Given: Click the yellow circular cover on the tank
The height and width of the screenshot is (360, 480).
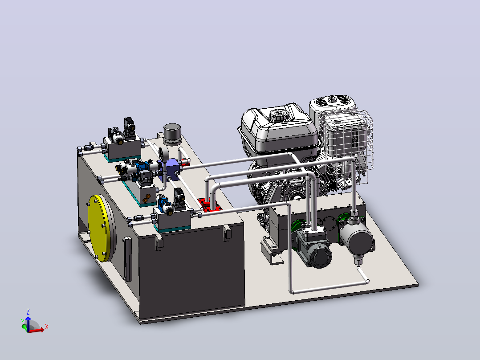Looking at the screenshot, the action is pos(99,228).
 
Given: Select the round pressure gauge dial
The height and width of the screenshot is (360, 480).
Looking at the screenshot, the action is pos(162,154).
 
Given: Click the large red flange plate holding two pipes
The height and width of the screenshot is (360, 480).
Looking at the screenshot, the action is pos(210,205).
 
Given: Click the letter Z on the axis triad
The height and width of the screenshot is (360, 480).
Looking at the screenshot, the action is pos(28,312).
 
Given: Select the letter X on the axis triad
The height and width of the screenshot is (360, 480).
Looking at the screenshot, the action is pos(46,327).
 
